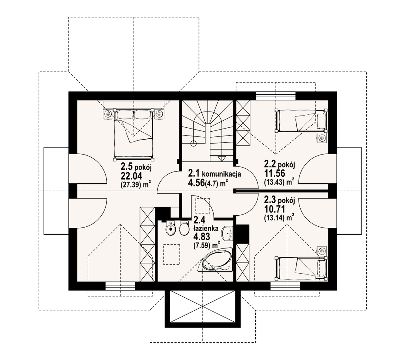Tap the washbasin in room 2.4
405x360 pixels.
tap(228, 233)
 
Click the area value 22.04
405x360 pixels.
tap(131, 176)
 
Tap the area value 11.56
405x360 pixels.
tap(275, 174)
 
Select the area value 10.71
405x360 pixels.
tap(275, 209)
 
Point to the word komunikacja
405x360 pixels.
tap(221, 174)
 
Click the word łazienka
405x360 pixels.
tap(206, 229)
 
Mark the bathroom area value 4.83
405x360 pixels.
tap(202, 237)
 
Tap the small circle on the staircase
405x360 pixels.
tap(194, 143)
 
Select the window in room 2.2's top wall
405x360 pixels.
tap(276, 96)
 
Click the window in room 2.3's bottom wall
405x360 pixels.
tap(285, 286)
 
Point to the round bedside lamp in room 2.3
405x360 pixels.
tap(322, 251)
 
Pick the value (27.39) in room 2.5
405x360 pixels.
tap(131, 185)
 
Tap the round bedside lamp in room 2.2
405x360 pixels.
tap(322, 138)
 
